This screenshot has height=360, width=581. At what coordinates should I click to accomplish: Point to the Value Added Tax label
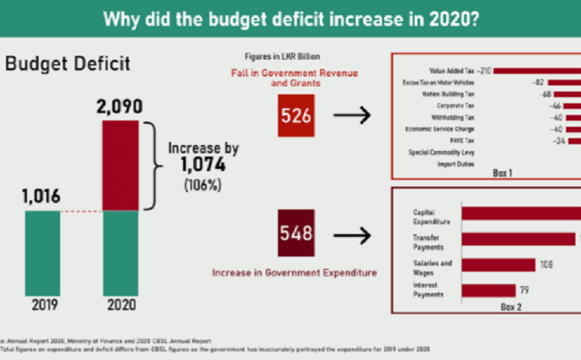[450, 70]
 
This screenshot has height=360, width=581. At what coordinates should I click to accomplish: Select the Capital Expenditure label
[429, 215]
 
